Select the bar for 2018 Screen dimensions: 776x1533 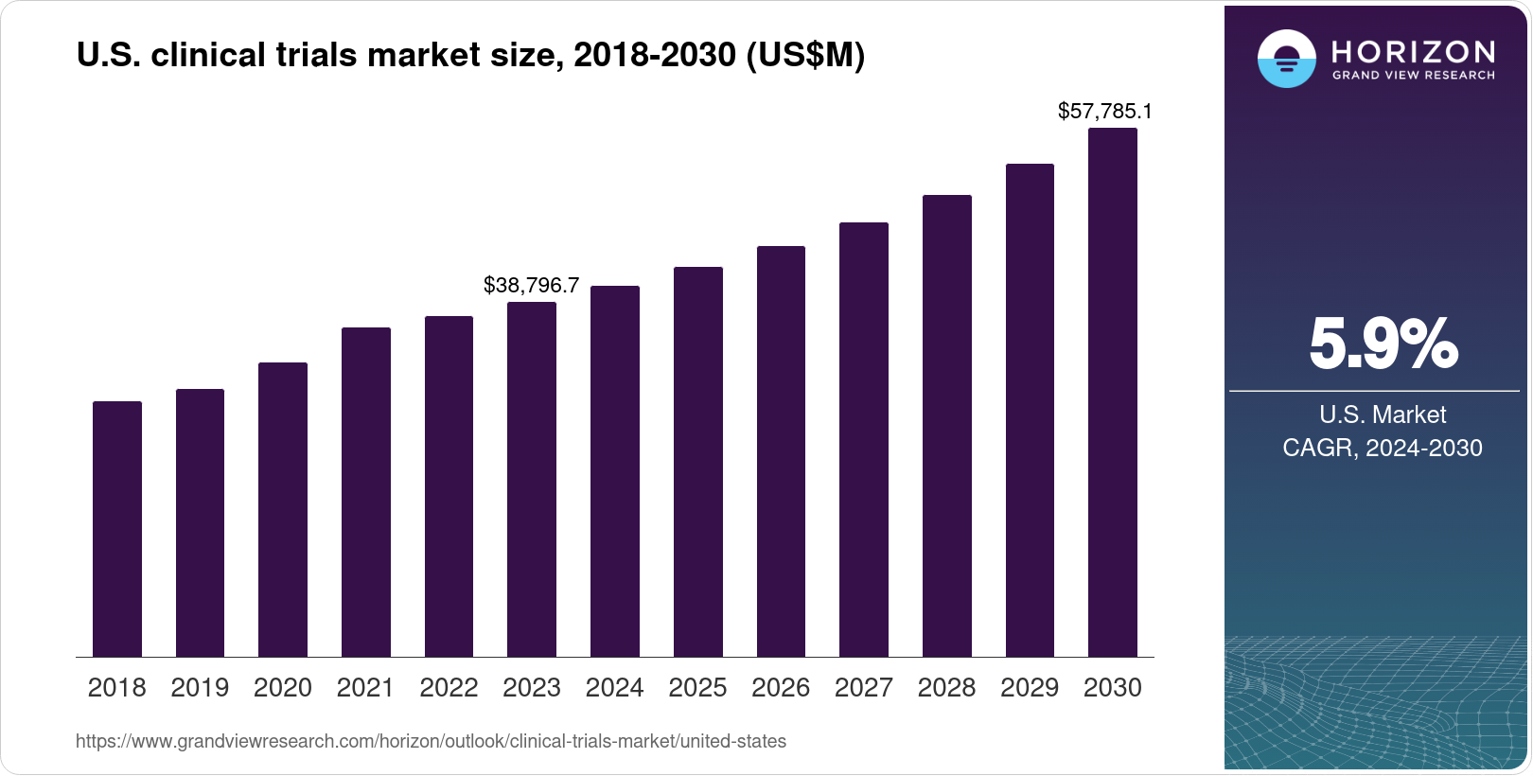click(x=117, y=529)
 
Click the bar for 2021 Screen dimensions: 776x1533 click(x=366, y=492)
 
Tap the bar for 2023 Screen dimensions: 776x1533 click(x=532, y=480)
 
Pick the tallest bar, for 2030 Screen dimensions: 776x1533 click(x=1113, y=393)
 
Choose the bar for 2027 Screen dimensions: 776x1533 click(x=864, y=440)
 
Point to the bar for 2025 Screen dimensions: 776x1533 click(x=698, y=462)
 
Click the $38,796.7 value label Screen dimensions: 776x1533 click(x=531, y=285)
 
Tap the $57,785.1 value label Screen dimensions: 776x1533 click(x=1104, y=112)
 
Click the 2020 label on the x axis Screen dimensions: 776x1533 click(x=283, y=688)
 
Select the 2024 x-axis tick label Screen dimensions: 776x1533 click(x=615, y=688)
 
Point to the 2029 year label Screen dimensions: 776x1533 click(x=1030, y=688)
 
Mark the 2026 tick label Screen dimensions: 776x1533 click(x=781, y=688)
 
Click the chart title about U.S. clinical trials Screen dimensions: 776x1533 click(x=470, y=56)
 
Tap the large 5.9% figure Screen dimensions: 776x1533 click(x=1383, y=344)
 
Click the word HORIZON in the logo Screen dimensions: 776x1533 click(x=1413, y=51)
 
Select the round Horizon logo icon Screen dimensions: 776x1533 click(x=1286, y=59)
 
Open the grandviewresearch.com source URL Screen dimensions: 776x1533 click(x=431, y=742)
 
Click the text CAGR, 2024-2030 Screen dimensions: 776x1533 click(x=1382, y=448)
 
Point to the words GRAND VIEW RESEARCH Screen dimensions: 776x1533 click(x=1413, y=76)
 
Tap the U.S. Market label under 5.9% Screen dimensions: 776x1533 click(x=1383, y=414)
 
